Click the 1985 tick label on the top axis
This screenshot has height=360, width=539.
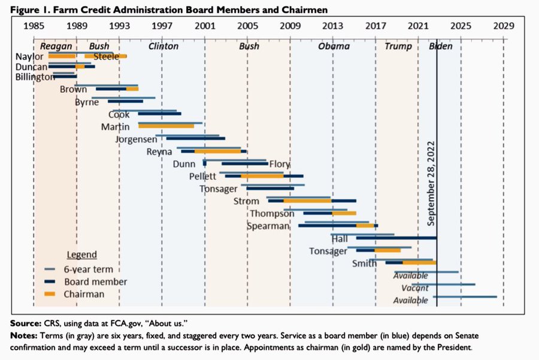pos(34,26)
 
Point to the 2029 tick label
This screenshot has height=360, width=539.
pos(504,26)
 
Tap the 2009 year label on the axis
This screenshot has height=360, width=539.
pos(290,26)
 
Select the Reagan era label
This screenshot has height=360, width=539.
pos(56,46)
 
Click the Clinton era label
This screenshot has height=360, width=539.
pos(163,46)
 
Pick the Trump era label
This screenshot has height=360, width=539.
pos(398,46)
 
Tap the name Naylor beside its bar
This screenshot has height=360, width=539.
pos(29,57)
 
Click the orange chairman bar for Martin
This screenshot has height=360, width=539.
pos(166,126)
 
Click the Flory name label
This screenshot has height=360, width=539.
pos(280,164)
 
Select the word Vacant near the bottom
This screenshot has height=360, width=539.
pos(414,288)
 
